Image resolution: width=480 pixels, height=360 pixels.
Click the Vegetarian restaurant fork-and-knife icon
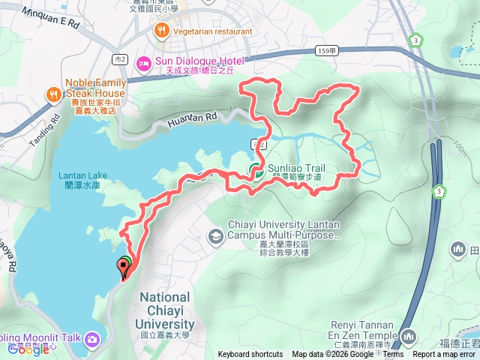pyautogui.click(x=161, y=31)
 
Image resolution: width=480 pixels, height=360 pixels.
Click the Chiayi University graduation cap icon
pyautogui.click(x=215, y=236)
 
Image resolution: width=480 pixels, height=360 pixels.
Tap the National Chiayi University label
pyautogui.click(x=167, y=309)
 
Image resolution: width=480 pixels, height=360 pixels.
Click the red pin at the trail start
pyautogui.click(x=123, y=265)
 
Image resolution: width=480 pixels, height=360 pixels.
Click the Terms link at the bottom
pyautogui.click(x=393, y=354)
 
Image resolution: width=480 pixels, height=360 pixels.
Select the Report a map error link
pyautogui.click(x=444, y=354)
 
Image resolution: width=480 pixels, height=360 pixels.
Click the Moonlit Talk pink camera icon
pyautogui.click(x=92, y=339)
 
